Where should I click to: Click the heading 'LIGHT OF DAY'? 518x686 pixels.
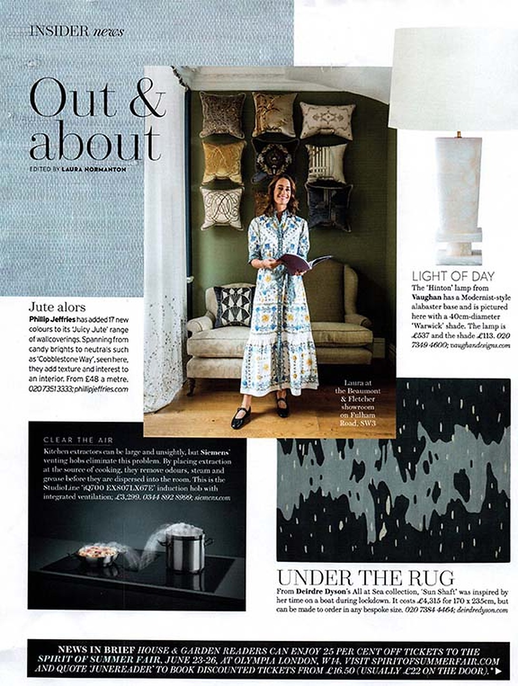[453, 276]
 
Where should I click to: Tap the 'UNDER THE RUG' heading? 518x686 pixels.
[366, 578]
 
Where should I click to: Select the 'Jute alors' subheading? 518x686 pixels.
[57, 306]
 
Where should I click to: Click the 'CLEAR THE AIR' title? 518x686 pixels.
[78, 440]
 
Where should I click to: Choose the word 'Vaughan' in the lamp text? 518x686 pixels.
[426, 297]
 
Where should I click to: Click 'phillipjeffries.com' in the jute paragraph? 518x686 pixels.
[102, 389]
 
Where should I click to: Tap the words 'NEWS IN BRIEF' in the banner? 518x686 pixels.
[95, 650]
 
